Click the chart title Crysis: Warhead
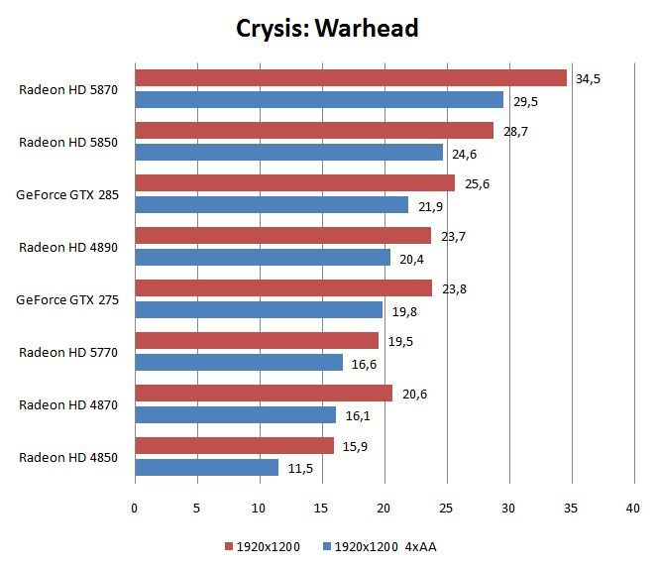pyautogui.click(x=327, y=28)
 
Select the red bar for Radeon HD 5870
pyautogui.click(x=350, y=78)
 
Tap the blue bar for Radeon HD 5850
pyautogui.click(x=288, y=153)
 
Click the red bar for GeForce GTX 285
pyautogui.click(x=294, y=183)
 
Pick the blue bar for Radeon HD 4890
pyautogui.click(x=262, y=258)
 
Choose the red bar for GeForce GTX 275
pyautogui.click(x=282, y=288)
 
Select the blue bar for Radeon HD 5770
pyautogui.click(x=238, y=363)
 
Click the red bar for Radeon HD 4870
pyautogui.click(x=263, y=394)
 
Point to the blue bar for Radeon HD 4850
pyautogui.click(x=206, y=467)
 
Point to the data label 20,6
pyautogui.click(x=414, y=394)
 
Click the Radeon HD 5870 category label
pyautogui.click(x=68, y=89)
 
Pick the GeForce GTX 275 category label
pyautogui.click(x=67, y=299)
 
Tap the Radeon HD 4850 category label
pyautogui.click(x=68, y=457)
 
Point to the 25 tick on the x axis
pyautogui.click(x=446, y=509)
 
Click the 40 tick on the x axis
pyautogui.click(x=633, y=509)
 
